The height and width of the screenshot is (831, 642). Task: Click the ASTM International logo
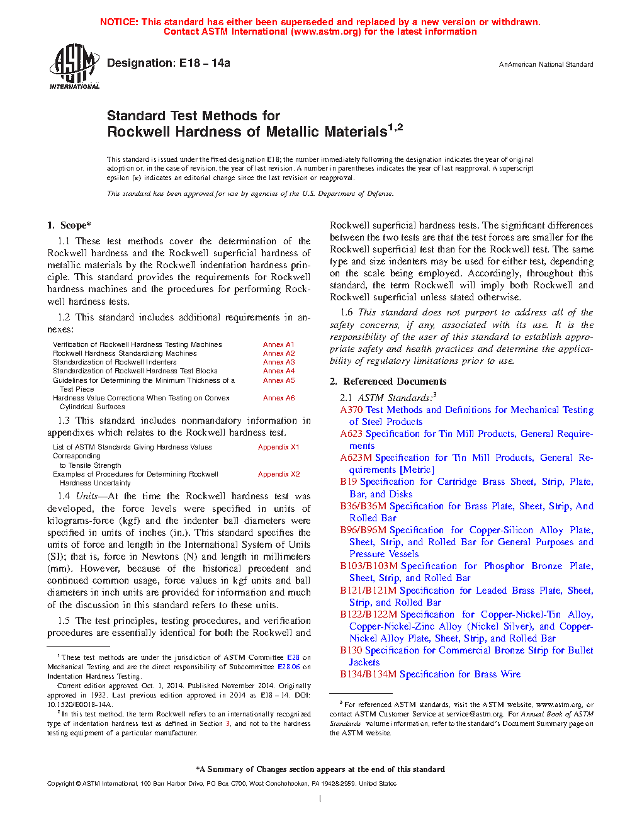pos(74,66)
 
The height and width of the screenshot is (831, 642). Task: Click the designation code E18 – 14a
pos(205,63)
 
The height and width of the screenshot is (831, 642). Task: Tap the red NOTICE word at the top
pos(119,22)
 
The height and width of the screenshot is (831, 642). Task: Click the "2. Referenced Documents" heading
pos(388,382)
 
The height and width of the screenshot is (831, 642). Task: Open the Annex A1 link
pos(279,344)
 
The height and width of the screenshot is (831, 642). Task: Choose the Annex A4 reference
pos(279,371)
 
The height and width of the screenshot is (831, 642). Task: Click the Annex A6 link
pos(279,398)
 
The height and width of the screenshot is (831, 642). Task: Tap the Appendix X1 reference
pos(279,447)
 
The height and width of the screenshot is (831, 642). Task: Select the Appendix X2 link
pos(279,474)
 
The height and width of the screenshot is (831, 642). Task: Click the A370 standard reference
pos(351,410)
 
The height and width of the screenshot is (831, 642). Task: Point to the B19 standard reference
pos(349,482)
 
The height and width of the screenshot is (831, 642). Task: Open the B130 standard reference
pos(351,650)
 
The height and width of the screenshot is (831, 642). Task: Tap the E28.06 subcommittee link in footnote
pos(289,667)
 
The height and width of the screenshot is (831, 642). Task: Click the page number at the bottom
pos(320,799)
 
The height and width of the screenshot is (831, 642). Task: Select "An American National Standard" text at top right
pos(546,64)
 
